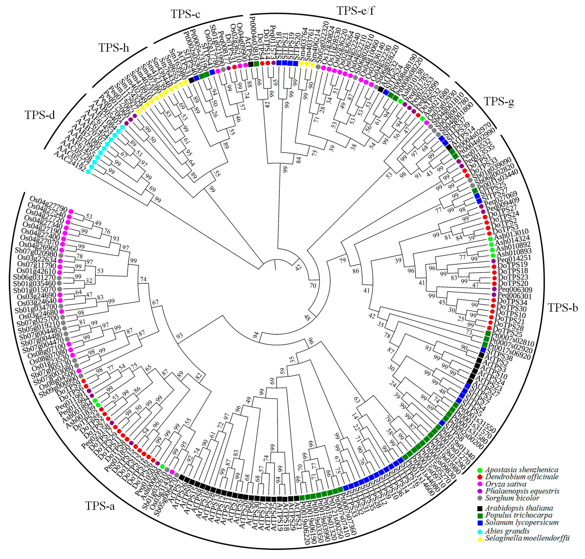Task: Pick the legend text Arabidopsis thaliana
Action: pos(519,508)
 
